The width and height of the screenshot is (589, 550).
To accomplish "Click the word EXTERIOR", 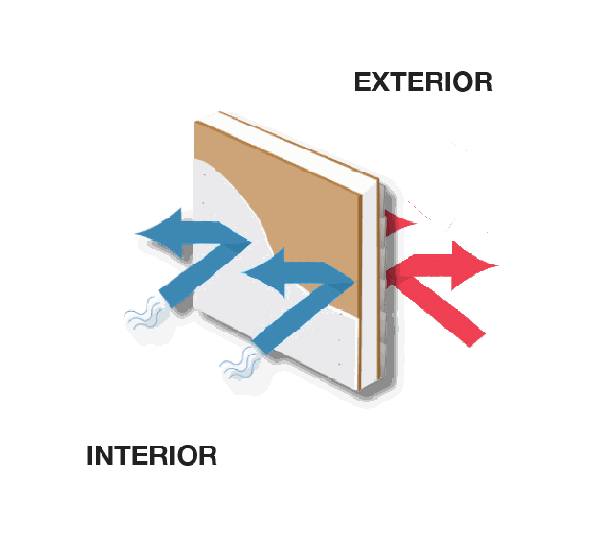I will [423, 81].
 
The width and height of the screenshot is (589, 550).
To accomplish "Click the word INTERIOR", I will [151, 455].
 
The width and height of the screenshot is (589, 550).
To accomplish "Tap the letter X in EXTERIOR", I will [381, 81].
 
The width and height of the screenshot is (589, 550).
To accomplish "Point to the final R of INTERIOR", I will [208, 455].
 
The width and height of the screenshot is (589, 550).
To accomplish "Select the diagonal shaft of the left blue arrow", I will [192, 278].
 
